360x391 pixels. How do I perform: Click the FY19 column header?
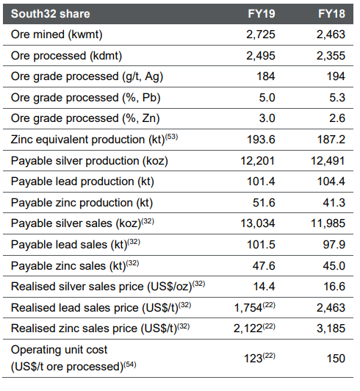tap(262, 14)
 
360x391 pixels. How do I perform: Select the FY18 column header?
tap(331, 14)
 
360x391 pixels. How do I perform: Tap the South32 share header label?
tap(51, 14)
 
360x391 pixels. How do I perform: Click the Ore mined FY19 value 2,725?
tap(261, 35)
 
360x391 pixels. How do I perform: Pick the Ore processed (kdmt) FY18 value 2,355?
tap(331, 56)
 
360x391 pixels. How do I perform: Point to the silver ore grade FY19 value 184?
tap(266, 76)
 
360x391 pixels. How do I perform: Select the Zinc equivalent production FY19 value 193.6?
tap(261, 140)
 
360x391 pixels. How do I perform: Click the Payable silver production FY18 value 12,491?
tap(328, 161)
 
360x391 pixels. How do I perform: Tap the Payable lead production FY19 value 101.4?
tap(261, 182)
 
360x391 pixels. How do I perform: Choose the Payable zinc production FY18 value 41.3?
tap(334, 203)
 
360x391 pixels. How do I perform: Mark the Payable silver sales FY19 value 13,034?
tap(258, 223)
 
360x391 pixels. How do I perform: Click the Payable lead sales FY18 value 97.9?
tap(334, 245)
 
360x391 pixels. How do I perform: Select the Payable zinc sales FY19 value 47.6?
tap(264, 266)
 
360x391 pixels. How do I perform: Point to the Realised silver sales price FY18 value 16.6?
tap(334, 287)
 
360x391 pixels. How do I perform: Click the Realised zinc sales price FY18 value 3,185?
tap(331, 329)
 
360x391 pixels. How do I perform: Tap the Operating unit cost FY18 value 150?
tap(336, 359)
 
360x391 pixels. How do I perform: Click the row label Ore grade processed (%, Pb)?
tap(85, 98)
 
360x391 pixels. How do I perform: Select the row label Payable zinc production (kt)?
tap(82, 203)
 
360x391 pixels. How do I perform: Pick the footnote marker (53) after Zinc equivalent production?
tap(171, 137)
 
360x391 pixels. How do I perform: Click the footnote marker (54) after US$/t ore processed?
tap(130, 365)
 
